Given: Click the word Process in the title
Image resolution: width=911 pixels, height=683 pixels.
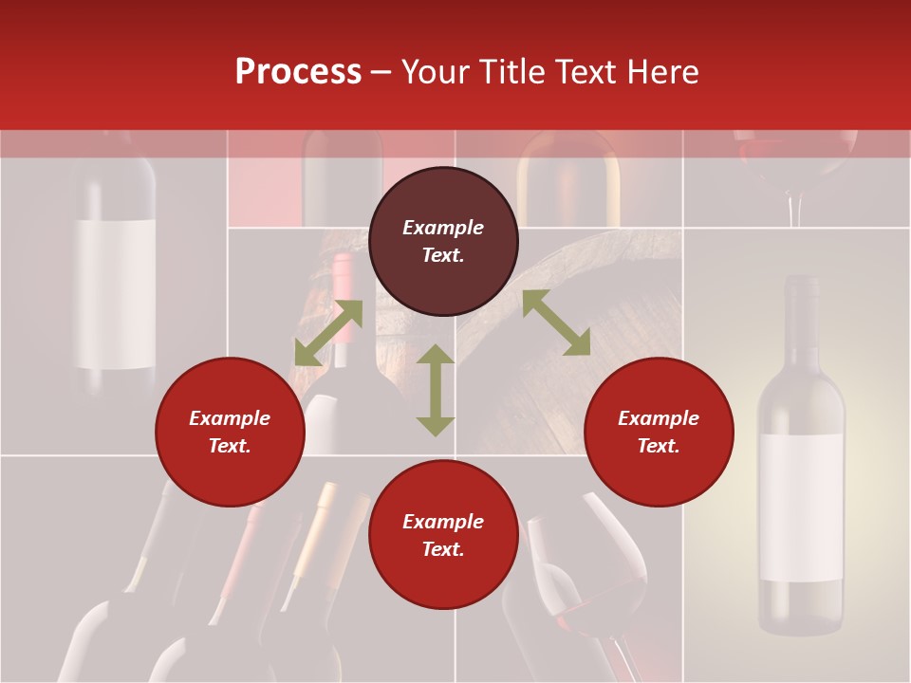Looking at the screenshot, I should [298, 72].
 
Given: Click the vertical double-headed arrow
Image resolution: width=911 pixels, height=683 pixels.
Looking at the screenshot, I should [436, 390].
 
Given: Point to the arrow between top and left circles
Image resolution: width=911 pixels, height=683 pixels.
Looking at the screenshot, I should [328, 332].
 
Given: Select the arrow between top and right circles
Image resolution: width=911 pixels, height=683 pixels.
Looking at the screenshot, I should [556, 323].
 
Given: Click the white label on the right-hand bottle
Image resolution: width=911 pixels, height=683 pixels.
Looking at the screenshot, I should [801, 507].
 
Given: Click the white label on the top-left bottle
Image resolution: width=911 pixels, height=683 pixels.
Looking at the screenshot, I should [115, 294].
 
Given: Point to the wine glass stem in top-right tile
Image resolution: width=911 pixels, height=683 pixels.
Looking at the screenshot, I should [795, 209].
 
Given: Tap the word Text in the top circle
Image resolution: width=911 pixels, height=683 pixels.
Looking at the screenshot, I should [443, 255].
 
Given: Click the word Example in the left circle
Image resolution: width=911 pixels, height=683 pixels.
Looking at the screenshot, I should [230, 418].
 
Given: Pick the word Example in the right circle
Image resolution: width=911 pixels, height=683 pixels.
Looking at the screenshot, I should [659, 418].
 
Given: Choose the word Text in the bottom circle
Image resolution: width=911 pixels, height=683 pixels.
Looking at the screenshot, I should [443, 549].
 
